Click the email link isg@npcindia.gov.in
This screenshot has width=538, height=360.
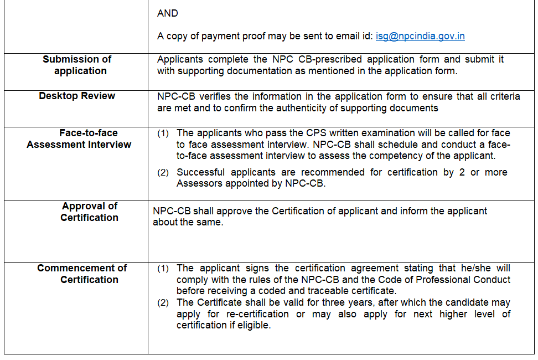[420, 36]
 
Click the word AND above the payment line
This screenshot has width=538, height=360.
[168, 13]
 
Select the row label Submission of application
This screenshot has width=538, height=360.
[77, 65]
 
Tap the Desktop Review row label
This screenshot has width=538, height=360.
[77, 96]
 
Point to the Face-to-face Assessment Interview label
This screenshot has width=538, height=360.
[79, 138]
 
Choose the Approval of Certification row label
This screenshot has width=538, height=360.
[89, 212]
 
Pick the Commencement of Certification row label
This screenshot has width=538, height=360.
[82, 274]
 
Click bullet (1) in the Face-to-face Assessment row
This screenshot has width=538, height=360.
[163, 133]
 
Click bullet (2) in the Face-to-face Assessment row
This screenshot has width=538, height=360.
[163, 173]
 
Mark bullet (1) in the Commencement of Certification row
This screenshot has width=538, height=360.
[163, 269]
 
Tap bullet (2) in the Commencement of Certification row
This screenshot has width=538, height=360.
[163, 303]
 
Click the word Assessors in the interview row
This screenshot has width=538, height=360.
[199, 183]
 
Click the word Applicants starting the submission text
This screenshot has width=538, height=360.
[180, 59]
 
